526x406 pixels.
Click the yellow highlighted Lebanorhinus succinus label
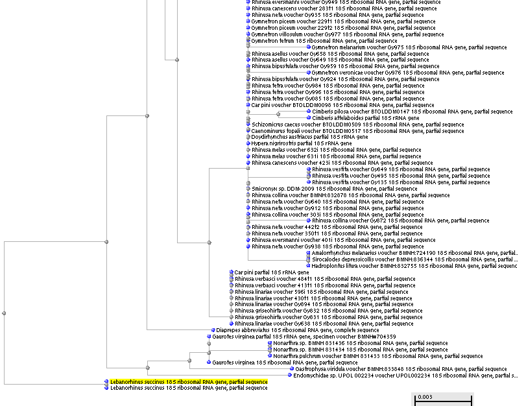pos(189,382)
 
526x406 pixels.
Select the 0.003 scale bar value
pos(425,397)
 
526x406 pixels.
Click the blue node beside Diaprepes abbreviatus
pos(202,330)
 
